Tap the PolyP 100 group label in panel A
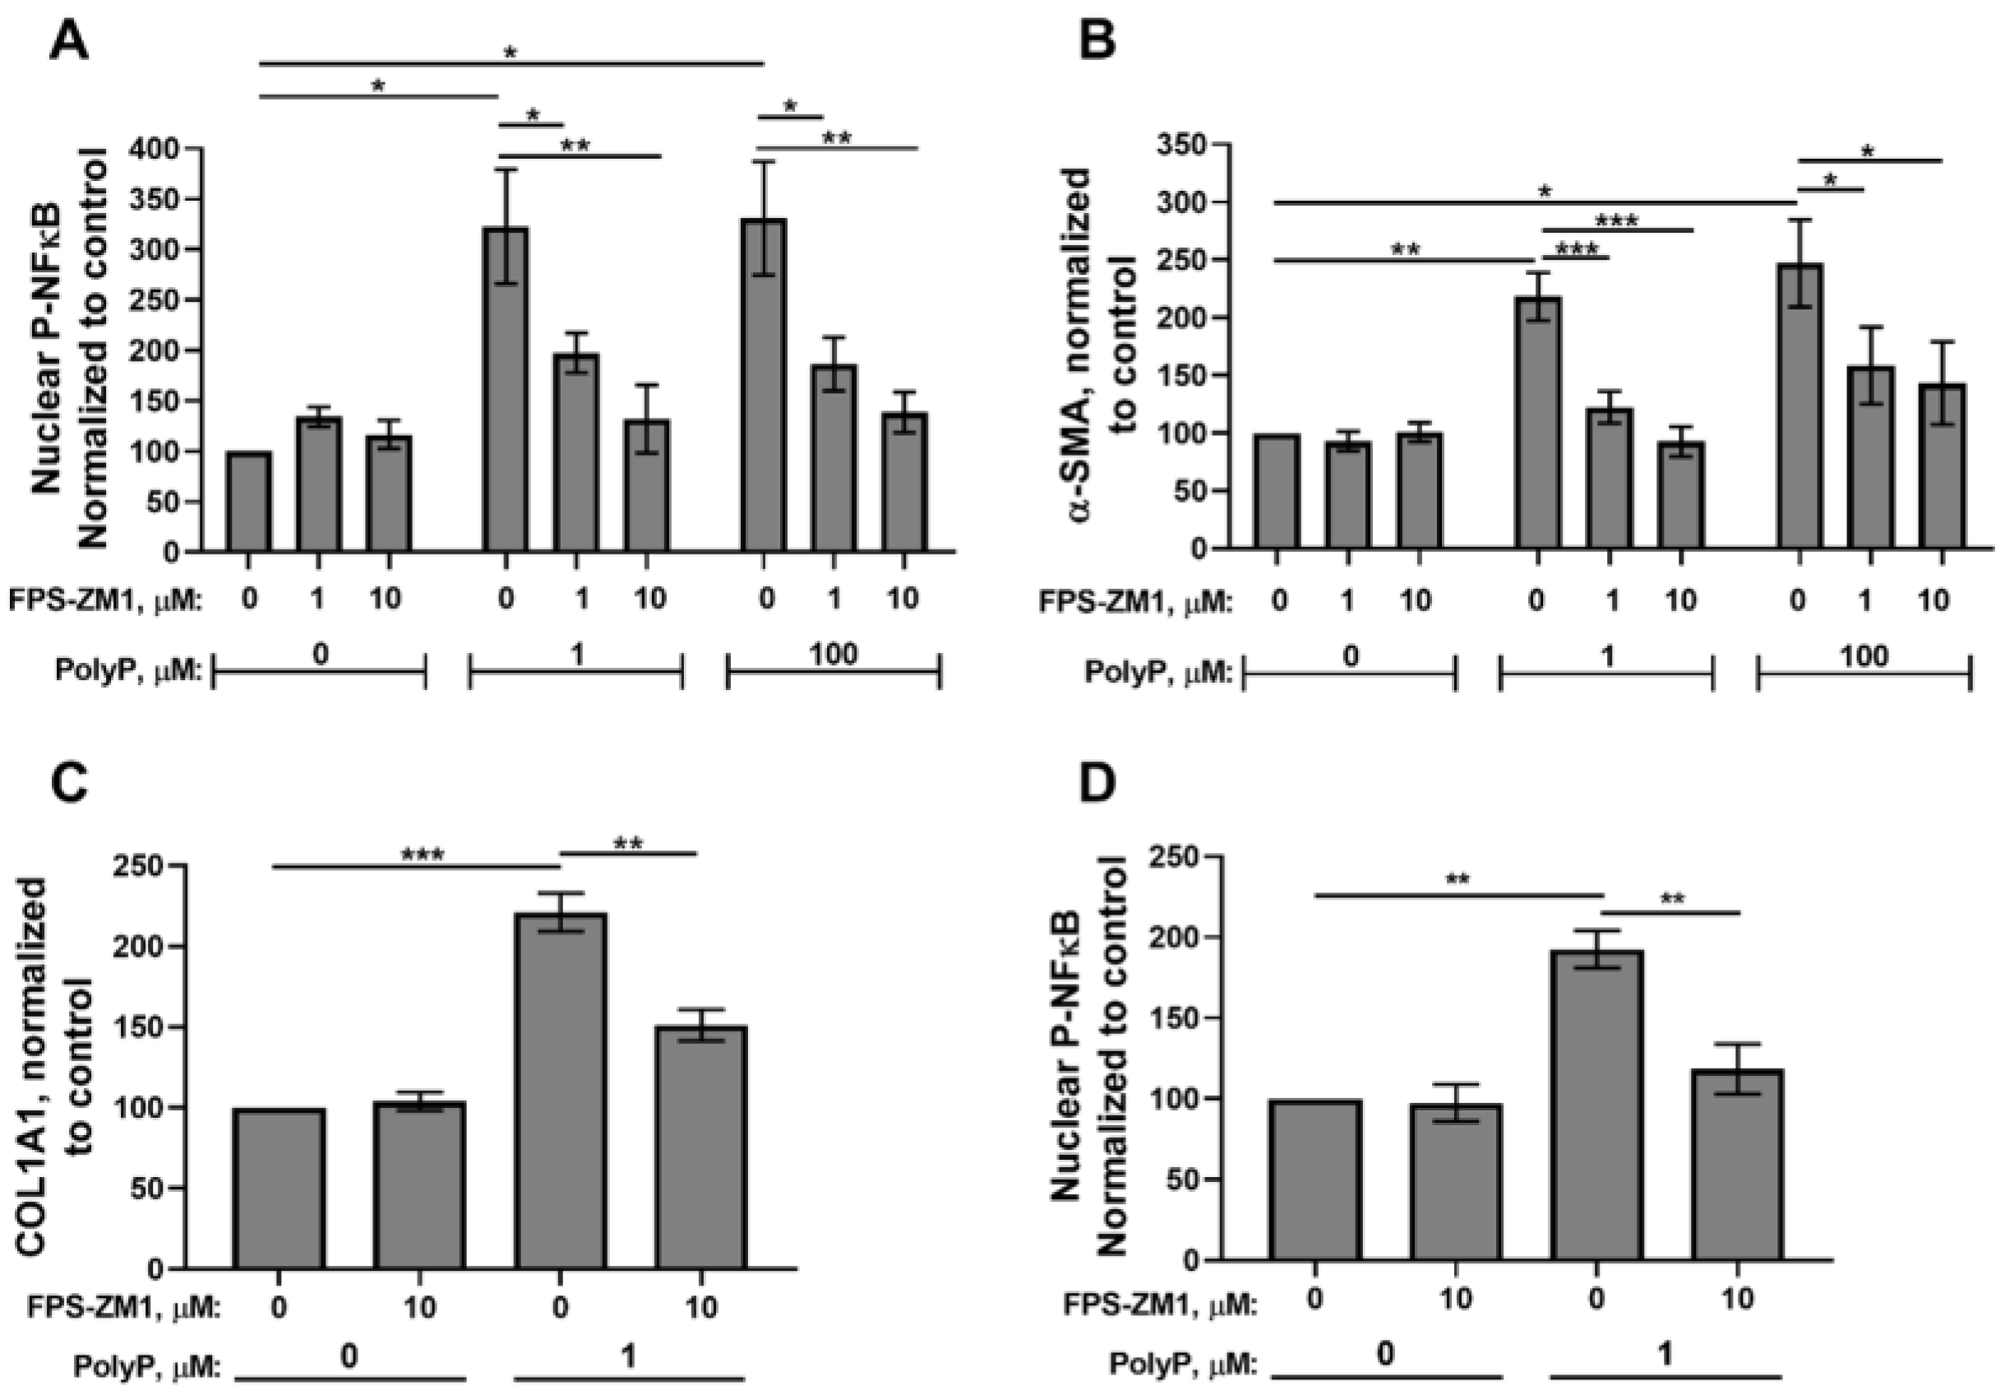pos(833,654)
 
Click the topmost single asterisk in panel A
pos(510,53)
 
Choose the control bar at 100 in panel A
pos(248,502)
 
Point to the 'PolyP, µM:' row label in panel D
pos(1182,1363)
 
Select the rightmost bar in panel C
pos(700,1146)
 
